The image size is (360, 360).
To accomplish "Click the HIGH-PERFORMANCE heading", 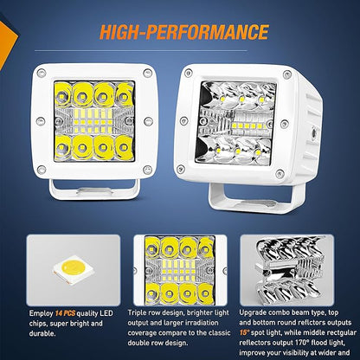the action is tap(184, 32).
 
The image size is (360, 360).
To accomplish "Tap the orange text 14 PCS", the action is tap(65, 313).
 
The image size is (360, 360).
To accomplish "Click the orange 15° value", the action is tap(244, 332).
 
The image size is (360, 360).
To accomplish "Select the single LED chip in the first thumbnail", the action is tap(73, 269).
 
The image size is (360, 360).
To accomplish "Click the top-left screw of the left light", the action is tap(42, 74).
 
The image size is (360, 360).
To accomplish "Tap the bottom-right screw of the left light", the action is tap(147, 170).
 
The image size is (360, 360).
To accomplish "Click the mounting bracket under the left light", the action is tap(94, 190).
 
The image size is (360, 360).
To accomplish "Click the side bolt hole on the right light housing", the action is tap(312, 133).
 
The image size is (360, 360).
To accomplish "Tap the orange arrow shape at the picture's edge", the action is tap(7, 41).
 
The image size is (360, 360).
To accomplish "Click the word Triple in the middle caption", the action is tap(138, 313).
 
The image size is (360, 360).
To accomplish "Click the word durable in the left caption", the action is tap(42, 333).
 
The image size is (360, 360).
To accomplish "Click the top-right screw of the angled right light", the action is tap(287, 74).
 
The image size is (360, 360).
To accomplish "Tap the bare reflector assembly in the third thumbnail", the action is tap(287, 269).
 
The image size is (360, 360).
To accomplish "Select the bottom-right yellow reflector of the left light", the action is tap(124, 148).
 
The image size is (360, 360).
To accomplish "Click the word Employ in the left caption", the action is tap(41, 313).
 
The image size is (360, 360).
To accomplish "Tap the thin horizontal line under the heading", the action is tap(141, 51).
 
